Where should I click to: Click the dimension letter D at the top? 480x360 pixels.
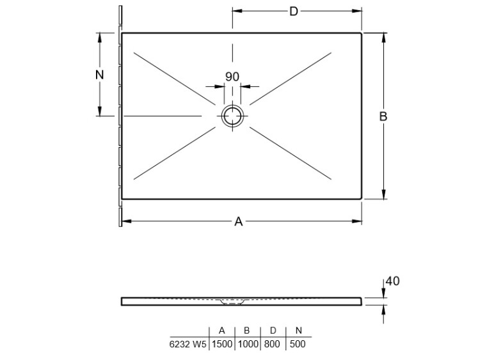(x=293, y=12)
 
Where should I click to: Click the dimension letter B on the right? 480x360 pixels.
(x=383, y=116)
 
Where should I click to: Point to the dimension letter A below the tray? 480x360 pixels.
(x=239, y=221)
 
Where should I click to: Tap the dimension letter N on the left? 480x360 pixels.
(x=100, y=75)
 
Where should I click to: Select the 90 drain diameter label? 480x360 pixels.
(x=232, y=77)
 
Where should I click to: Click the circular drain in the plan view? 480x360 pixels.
(x=233, y=116)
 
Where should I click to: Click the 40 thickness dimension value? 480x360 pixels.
(x=392, y=281)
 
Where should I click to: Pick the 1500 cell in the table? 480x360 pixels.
(x=222, y=344)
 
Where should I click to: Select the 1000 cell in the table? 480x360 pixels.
(x=248, y=344)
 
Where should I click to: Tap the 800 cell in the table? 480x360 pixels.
(x=272, y=344)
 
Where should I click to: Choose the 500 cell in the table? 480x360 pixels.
(x=297, y=344)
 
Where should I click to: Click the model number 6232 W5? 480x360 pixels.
(x=188, y=344)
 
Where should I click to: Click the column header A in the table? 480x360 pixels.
(x=222, y=331)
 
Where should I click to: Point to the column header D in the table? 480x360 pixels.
(x=273, y=331)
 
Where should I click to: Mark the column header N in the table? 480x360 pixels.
(x=299, y=331)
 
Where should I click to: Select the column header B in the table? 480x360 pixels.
(x=247, y=331)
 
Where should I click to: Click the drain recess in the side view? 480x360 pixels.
(x=232, y=302)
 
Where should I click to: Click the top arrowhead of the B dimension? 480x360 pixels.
(x=384, y=37)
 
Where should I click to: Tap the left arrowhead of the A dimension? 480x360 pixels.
(x=127, y=221)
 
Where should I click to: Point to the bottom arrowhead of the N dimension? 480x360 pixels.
(x=99, y=111)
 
